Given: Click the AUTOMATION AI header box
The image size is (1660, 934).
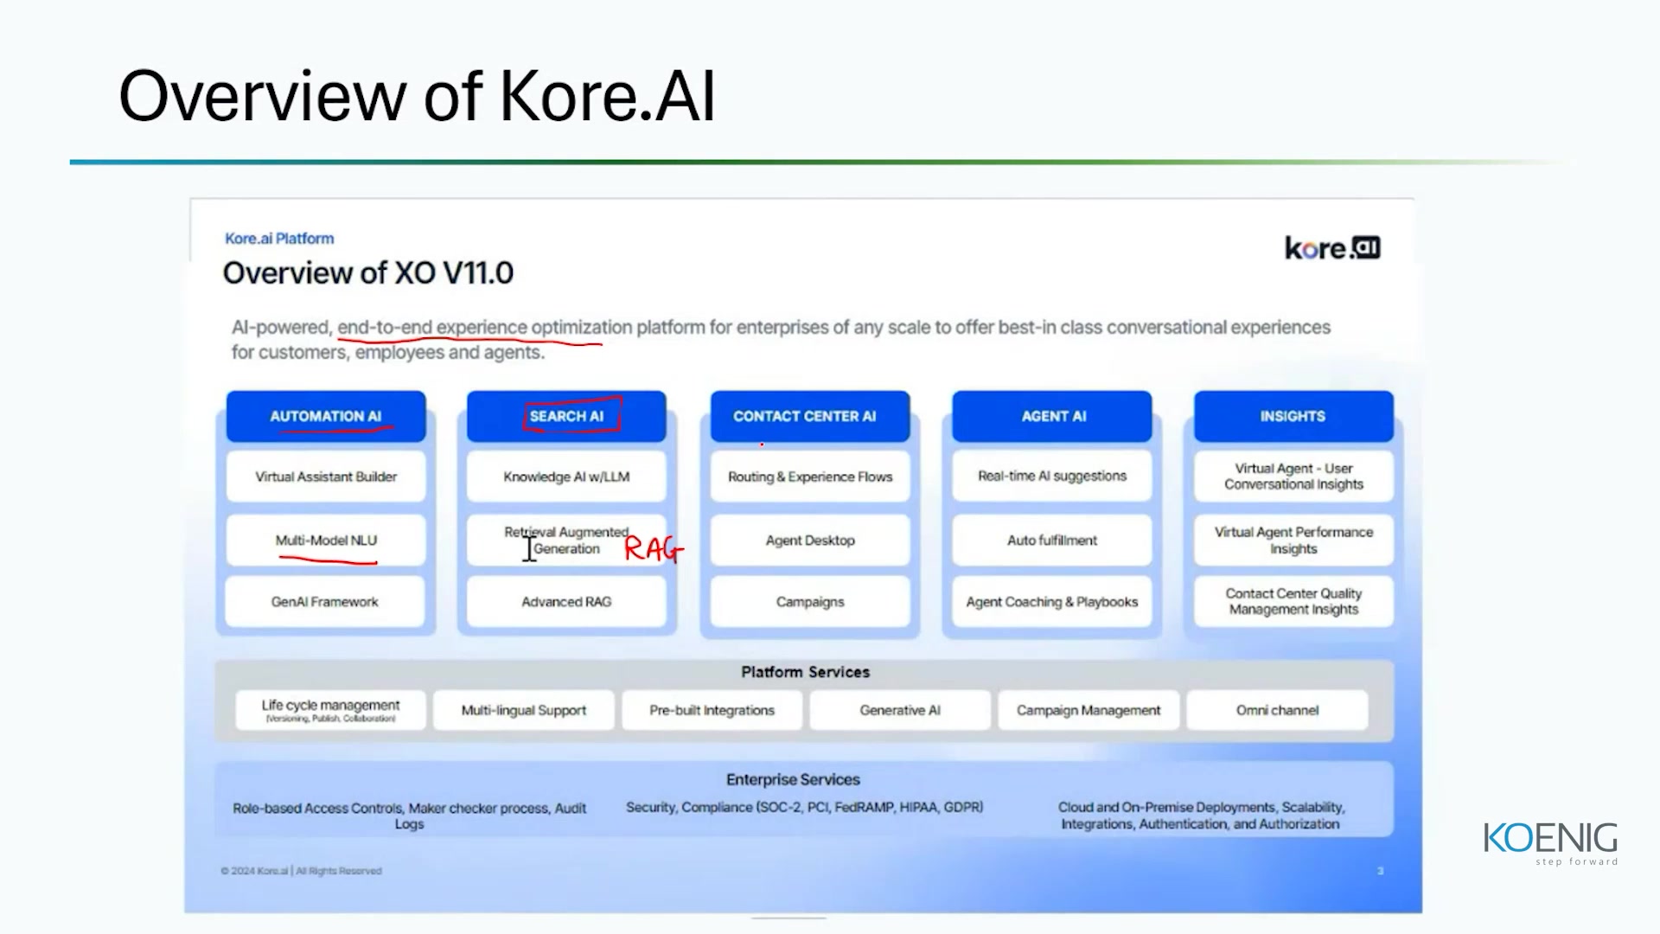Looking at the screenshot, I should click(x=326, y=416).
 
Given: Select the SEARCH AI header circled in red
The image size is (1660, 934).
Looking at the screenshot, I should click(x=566, y=416).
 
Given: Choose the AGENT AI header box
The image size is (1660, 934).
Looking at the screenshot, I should click(x=1052, y=416).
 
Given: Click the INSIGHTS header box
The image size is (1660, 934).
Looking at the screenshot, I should click(x=1293, y=416).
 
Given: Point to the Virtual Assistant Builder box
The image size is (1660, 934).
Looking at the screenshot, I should click(x=326, y=477).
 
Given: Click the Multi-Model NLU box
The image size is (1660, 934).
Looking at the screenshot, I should click(x=326, y=541).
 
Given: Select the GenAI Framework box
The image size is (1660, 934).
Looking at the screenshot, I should click(x=325, y=602).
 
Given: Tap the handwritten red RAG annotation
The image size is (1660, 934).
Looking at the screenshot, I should click(x=653, y=548).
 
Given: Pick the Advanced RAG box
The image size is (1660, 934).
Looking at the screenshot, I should click(x=566, y=602).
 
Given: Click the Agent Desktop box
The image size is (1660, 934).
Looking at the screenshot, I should click(x=809, y=541).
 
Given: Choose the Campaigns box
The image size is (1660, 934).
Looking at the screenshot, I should click(x=809, y=602).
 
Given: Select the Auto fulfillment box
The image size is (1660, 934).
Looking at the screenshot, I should click(x=1052, y=541).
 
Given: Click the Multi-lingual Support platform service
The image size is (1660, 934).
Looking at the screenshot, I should click(x=524, y=710).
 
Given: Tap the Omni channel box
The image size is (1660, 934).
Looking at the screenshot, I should click(x=1277, y=710).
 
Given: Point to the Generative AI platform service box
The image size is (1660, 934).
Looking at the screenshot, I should click(x=900, y=710).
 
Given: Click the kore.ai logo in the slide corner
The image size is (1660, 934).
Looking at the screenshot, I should click(x=1332, y=248).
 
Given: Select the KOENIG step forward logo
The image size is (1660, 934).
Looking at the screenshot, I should click(x=1550, y=842).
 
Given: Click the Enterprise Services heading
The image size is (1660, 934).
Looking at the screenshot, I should click(x=793, y=779).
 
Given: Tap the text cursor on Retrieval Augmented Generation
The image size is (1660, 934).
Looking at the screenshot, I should click(x=529, y=548).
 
